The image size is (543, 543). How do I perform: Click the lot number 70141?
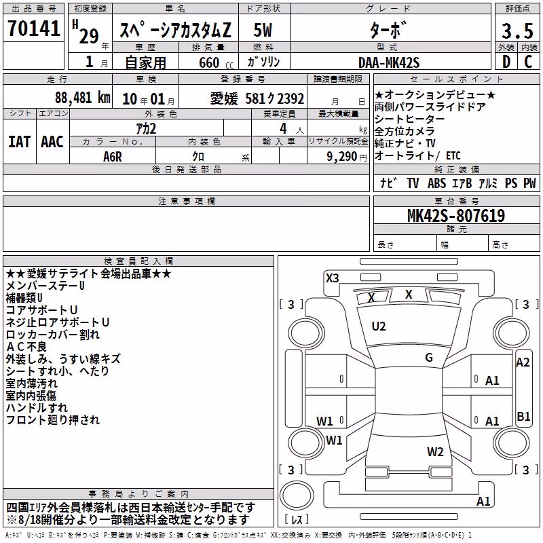tap(33, 29)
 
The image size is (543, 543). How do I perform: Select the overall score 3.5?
tap(517, 31)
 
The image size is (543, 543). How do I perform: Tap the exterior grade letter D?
tap(506, 62)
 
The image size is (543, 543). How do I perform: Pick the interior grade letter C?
tap(529, 62)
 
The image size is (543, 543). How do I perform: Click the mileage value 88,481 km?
tap(83, 98)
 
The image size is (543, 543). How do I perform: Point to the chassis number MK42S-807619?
tap(456, 216)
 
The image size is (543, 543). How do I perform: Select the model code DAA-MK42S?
tap(389, 62)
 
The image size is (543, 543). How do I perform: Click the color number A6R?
tap(113, 157)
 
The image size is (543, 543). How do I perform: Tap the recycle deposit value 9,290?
tap(341, 157)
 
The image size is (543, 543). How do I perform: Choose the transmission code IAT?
tap(20, 142)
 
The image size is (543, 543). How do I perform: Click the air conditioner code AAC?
tap(52, 142)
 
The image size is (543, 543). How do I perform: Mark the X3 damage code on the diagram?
tap(333, 278)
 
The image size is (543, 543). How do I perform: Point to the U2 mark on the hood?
tap(379, 326)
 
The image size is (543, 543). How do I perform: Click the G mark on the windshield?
tap(429, 358)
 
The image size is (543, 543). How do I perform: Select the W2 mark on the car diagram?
tap(435, 452)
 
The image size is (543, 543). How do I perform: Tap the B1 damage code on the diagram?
tap(523, 416)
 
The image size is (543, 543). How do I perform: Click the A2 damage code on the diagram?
tap(523, 362)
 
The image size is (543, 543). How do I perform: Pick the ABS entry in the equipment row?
tap(436, 183)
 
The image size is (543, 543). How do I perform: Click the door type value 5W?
tap(263, 31)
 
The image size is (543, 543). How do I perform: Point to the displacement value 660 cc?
tap(216, 63)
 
